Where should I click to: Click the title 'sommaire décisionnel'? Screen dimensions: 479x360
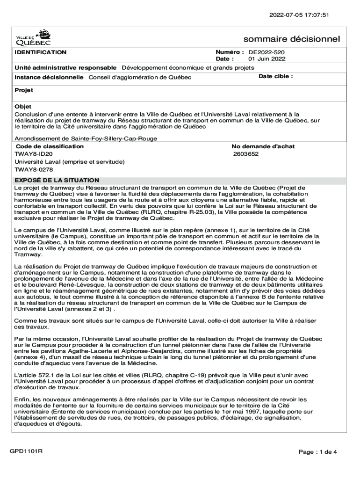click(x=292, y=39)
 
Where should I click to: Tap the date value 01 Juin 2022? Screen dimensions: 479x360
click(x=266, y=59)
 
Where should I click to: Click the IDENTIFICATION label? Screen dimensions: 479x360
click(x=40, y=52)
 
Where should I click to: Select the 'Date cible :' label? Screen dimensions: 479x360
click(x=275, y=76)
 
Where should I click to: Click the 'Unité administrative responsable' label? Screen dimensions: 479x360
click(x=65, y=67)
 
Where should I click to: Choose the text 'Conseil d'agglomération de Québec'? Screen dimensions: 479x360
click(x=140, y=77)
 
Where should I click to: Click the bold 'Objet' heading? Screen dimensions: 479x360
click(x=23, y=107)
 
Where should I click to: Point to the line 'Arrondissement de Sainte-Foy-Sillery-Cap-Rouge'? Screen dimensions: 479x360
click(x=86, y=138)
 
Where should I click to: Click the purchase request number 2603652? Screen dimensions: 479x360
click(x=246, y=154)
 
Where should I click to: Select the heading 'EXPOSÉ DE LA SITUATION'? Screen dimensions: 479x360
click(x=57, y=180)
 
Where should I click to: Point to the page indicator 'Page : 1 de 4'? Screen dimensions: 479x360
click(x=318, y=452)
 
